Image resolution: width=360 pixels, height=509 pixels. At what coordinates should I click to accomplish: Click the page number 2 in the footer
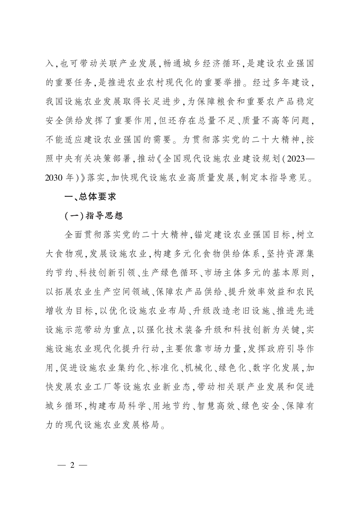click(72, 464)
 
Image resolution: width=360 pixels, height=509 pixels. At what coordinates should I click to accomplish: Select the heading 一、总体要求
click(87, 197)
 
